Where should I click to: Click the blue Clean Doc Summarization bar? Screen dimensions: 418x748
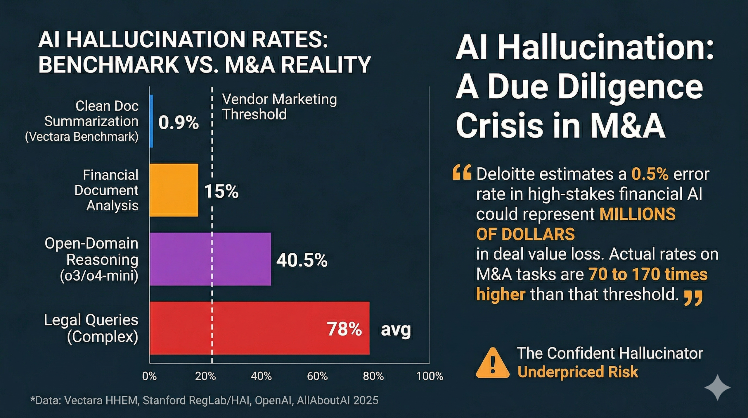coord(151,121)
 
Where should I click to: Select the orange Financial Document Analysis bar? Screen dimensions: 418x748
coord(174,190)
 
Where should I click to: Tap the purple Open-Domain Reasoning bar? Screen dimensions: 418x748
coord(210,259)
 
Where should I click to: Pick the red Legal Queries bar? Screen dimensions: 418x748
coord(259,328)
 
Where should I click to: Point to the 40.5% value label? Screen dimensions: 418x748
coord(302,260)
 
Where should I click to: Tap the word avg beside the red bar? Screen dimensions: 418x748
coord(396,329)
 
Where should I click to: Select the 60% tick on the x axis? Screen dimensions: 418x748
coord(317,376)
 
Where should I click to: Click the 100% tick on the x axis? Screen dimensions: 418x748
coord(430,376)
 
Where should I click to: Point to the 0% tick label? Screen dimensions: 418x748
coord(149,376)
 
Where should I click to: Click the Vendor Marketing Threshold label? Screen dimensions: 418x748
coord(279,107)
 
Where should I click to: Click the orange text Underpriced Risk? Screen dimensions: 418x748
coord(578,372)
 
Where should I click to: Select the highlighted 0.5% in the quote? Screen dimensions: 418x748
coord(650,174)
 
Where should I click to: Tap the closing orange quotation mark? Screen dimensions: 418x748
coord(693,298)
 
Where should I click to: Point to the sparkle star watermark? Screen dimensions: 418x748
coord(717,387)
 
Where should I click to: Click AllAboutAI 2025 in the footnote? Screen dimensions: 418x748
coord(337,400)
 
